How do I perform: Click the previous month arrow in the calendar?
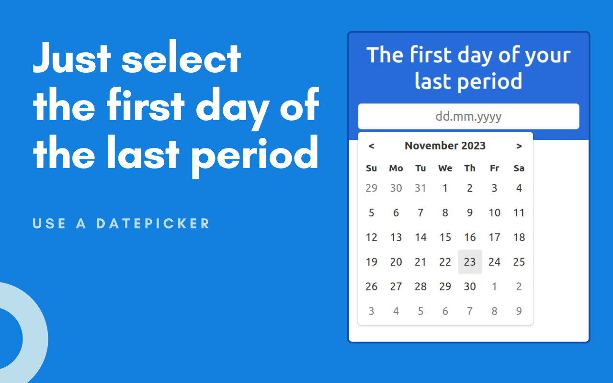point(371,146)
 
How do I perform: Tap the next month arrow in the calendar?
point(519,146)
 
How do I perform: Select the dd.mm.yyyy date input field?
point(468,116)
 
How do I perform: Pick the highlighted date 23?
point(470,262)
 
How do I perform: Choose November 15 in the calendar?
point(445,237)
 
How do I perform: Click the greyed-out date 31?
point(420,188)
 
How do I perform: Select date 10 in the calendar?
point(495,213)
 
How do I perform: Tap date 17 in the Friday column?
point(495,237)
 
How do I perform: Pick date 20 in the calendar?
point(396,262)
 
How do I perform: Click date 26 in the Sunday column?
point(371,286)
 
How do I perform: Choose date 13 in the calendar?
point(396,237)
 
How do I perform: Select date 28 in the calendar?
point(420,286)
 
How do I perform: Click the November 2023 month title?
point(445,146)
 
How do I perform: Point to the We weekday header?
point(445,168)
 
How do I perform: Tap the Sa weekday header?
point(519,168)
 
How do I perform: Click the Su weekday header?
point(371,168)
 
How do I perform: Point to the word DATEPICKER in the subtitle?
point(153,223)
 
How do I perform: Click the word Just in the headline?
point(72,57)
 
